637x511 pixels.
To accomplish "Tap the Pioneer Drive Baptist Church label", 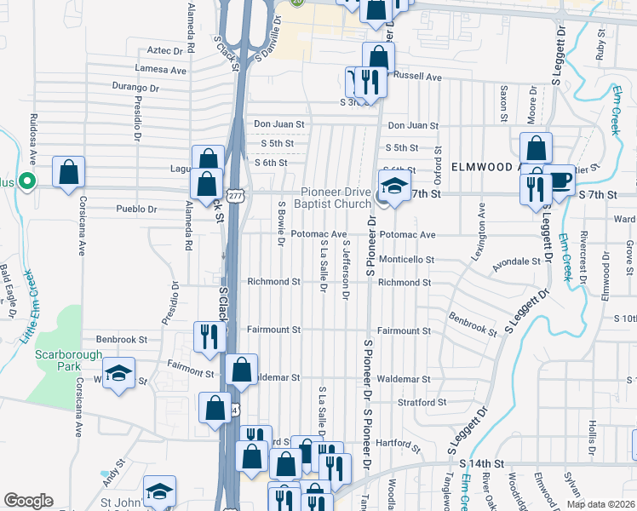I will point(332,198).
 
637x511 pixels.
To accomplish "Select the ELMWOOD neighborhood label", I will point(484,166).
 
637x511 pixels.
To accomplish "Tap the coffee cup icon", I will point(560,180).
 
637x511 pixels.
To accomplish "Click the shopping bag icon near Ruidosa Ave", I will point(68,172).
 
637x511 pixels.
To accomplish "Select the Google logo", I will point(28,501).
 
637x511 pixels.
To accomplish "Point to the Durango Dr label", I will point(135,87).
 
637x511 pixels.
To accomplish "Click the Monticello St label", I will point(406,259).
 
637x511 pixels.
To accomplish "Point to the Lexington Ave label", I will point(482,233).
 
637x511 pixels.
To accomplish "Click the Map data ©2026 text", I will point(600,503).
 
